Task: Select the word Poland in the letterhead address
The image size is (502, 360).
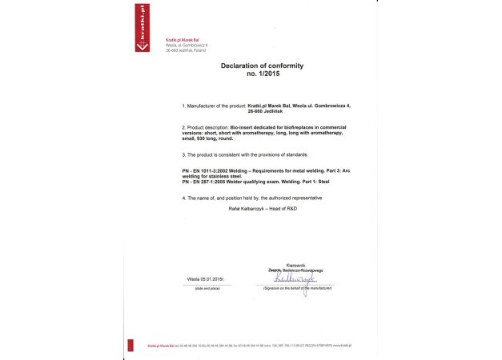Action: pyautogui.click(x=197, y=50)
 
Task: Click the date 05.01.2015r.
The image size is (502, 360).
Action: pyautogui.click(x=207, y=278)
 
